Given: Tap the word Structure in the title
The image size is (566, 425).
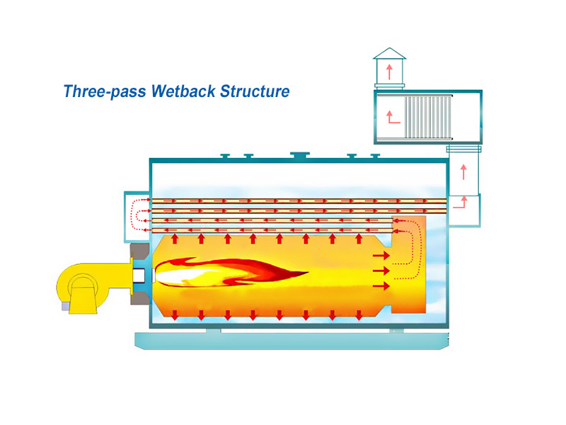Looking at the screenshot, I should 255,91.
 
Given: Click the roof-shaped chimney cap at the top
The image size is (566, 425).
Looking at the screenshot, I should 389,54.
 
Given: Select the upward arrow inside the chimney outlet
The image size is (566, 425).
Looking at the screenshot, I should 389,71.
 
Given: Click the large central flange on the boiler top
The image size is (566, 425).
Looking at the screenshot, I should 298,155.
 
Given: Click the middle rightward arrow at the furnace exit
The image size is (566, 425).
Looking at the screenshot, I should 381,271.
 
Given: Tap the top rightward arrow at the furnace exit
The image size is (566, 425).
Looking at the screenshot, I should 381,254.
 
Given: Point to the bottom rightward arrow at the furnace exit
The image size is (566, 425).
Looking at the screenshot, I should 381,286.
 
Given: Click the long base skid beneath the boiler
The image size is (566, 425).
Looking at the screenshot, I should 291,341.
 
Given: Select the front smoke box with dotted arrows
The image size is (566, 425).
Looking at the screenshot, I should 137,210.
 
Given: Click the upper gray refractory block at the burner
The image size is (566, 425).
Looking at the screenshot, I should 139,251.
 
